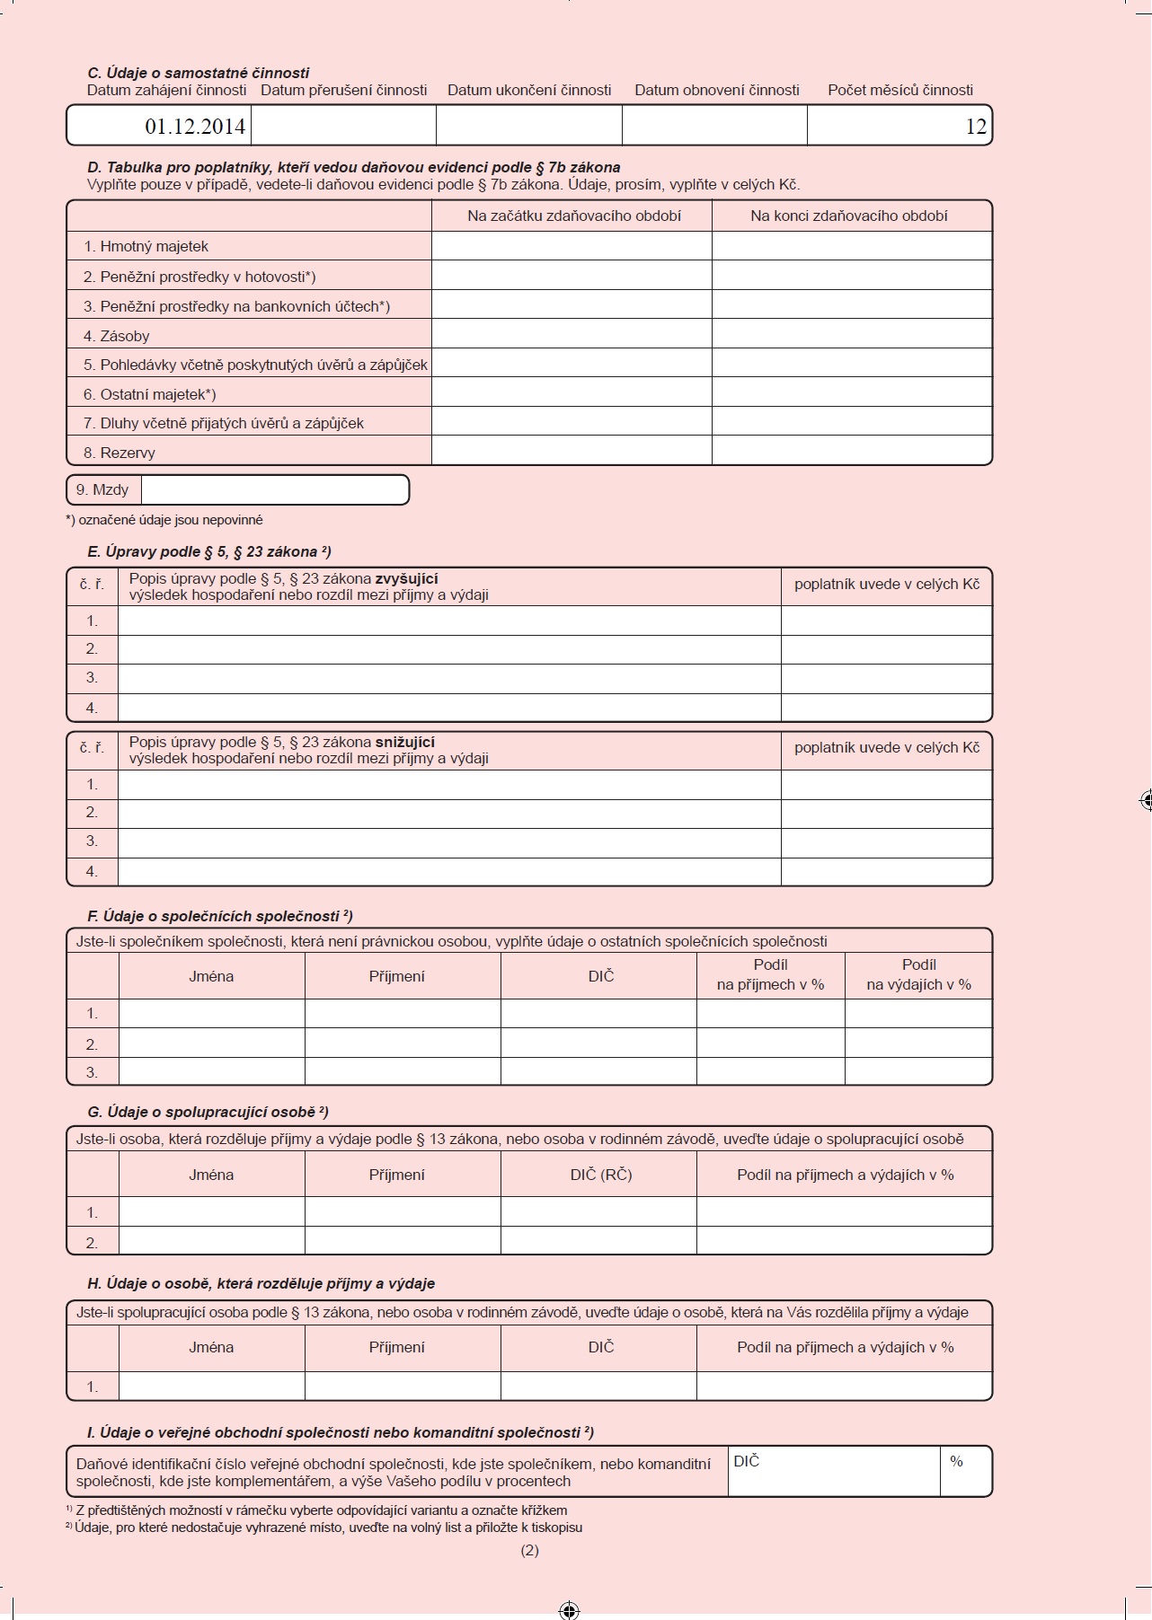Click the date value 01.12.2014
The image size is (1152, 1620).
click(x=195, y=127)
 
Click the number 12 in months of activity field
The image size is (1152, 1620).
click(x=976, y=127)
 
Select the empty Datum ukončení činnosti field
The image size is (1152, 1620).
click(x=528, y=126)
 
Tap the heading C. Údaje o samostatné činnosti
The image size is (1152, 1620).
click(x=199, y=73)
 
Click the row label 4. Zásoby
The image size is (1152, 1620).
click(x=117, y=336)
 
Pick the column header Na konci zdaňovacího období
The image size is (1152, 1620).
click(x=849, y=216)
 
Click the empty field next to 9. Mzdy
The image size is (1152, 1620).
click(x=274, y=490)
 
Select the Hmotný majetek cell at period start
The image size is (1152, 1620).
click(x=572, y=246)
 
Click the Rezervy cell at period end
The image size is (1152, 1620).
click(x=851, y=451)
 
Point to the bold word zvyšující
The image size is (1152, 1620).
click(x=406, y=579)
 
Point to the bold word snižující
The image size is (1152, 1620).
click(x=404, y=743)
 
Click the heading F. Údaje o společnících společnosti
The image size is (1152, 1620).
click(x=220, y=916)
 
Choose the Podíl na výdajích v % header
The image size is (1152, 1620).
click(x=918, y=975)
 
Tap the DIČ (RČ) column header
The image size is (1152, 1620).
click(x=600, y=1175)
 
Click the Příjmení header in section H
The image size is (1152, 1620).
click(x=396, y=1347)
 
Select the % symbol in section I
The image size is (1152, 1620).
click(x=956, y=1462)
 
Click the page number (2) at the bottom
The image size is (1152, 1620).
click(x=529, y=1550)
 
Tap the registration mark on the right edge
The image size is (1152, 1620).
click(x=1145, y=799)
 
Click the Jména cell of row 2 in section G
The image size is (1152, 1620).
click(x=211, y=1241)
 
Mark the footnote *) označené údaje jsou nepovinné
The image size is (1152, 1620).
click(x=164, y=520)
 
